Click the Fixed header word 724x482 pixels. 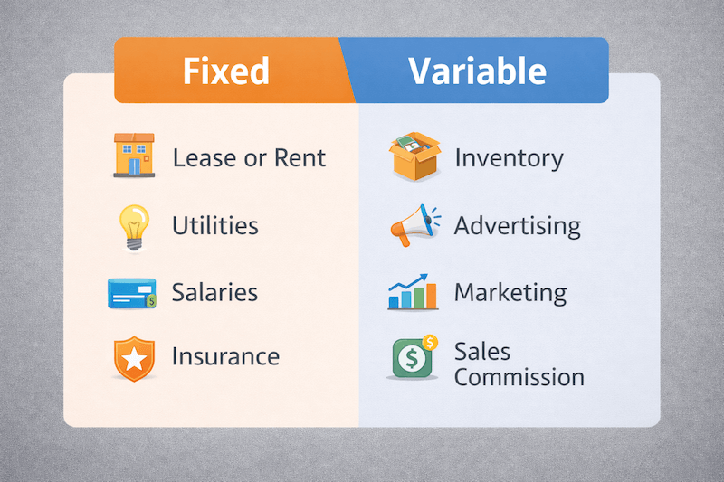226,71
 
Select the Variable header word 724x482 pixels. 477,71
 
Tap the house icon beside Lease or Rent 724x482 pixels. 132,156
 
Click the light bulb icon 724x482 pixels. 133,225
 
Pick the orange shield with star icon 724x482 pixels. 133,359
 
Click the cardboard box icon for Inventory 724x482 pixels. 414,156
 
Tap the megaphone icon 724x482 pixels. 414,225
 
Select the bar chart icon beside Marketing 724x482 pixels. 413,292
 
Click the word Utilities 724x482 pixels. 215,225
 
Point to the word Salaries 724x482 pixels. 215,293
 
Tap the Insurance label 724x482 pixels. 226,356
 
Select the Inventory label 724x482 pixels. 509,158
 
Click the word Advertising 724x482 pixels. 518,225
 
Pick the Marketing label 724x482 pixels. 510,293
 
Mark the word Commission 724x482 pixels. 519,376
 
